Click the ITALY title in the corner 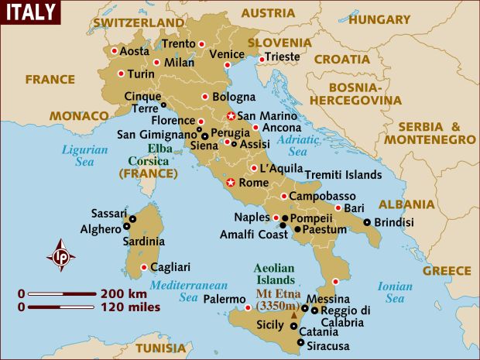pos(30,12)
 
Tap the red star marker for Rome pos(230,183)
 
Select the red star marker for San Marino pos(230,117)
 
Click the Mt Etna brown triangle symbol pos(293,316)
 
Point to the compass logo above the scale pos(60,256)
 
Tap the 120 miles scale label pos(129,307)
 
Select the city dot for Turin pos(122,74)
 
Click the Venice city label pos(227,53)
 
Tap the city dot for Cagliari pos(143,268)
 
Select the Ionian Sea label pos(395,292)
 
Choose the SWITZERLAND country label pos(139,22)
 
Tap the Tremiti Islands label pos(343,175)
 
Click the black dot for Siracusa pos(300,342)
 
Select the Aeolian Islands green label pos(274,274)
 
